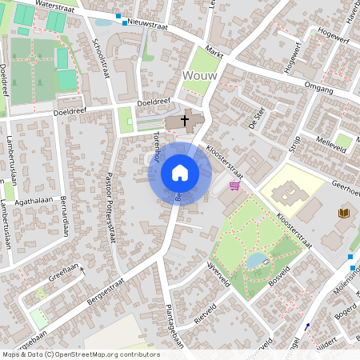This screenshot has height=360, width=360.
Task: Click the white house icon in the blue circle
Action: click(x=180, y=172)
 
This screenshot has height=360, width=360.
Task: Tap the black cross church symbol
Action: click(x=185, y=121)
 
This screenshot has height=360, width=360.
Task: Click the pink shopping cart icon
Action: click(x=234, y=186)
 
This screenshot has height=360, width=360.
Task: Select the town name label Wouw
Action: click(x=199, y=75)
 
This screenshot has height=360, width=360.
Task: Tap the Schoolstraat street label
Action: click(x=101, y=58)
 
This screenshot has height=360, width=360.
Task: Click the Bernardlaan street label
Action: click(x=63, y=214)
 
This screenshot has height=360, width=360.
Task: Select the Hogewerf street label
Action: click(x=334, y=38)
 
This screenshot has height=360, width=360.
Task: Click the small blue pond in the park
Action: click(x=256, y=259)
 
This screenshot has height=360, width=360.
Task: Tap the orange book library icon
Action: click(x=344, y=213)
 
